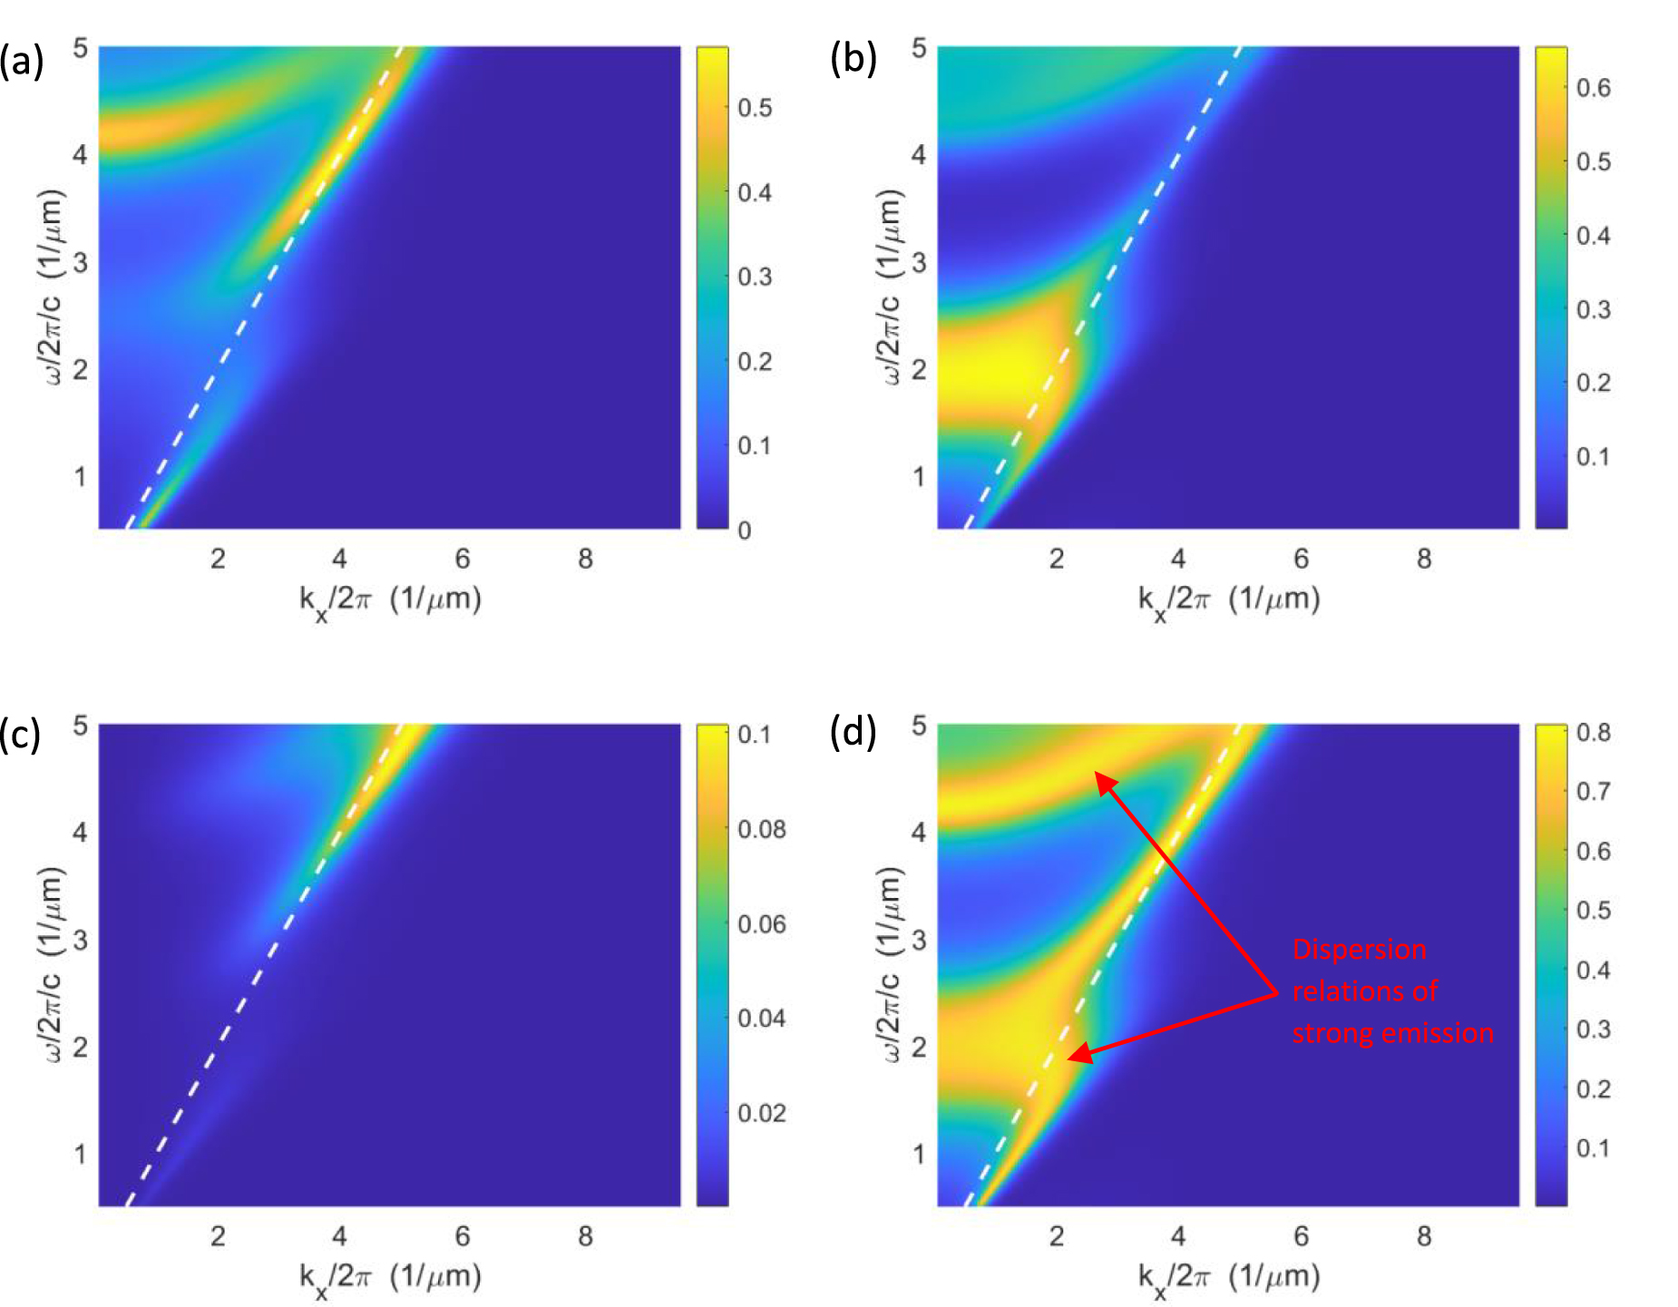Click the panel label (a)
click(x=21, y=62)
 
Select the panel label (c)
click(x=20, y=734)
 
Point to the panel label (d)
click(x=854, y=731)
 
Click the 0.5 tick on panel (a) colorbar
click(x=755, y=108)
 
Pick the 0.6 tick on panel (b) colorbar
click(x=1594, y=88)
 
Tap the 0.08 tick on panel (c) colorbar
click(x=761, y=829)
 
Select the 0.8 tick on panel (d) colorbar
click(x=1594, y=732)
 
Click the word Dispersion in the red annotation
click(x=1359, y=950)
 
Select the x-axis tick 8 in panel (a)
click(x=585, y=559)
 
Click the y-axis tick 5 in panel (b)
click(x=919, y=47)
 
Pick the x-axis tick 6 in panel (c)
click(x=463, y=1236)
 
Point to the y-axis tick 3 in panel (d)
click(x=919, y=940)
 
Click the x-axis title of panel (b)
click(x=1229, y=600)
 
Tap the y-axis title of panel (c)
click(x=53, y=964)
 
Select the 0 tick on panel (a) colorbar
click(x=745, y=531)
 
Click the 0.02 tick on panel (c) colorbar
click(x=761, y=1113)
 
